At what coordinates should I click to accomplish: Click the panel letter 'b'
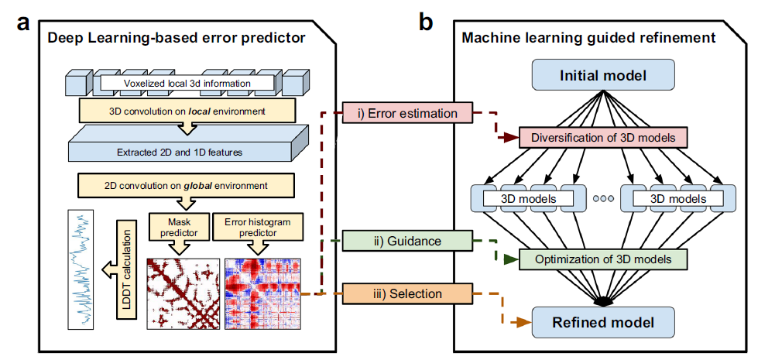(425, 22)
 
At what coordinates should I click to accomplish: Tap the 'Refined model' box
(603, 321)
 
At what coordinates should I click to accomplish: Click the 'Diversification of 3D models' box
(603, 139)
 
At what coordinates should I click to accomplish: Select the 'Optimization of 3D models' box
(603, 259)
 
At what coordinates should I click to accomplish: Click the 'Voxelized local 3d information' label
(187, 82)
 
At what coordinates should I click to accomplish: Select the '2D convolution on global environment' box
(187, 185)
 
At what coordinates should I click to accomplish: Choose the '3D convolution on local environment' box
(187, 111)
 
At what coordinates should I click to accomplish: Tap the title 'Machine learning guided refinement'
(588, 37)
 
